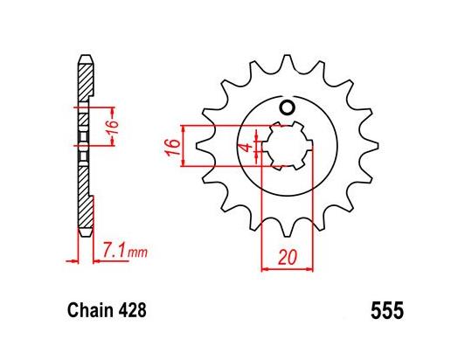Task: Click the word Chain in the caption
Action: (x=87, y=310)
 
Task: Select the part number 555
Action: (x=385, y=310)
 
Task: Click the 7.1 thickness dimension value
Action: (x=113, y=253)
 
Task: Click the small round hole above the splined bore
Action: (x=286, y=107)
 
